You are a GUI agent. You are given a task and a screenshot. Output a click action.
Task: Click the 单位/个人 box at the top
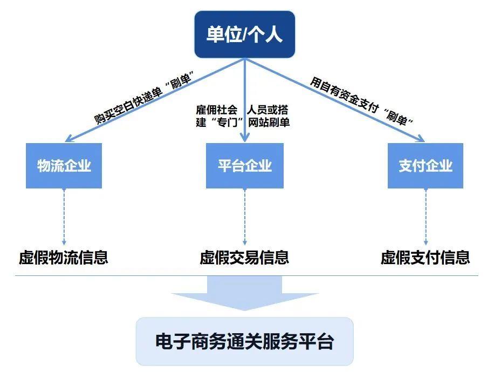[244, 35]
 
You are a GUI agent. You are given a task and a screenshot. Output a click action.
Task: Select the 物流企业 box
[64, 166]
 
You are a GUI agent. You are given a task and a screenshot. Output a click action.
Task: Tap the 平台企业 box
[244, 166]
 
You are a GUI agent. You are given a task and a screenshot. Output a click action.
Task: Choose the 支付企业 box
[425, 166]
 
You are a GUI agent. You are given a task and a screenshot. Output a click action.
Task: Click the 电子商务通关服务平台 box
[244, 342]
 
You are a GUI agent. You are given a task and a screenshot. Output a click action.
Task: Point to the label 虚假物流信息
[64, 258]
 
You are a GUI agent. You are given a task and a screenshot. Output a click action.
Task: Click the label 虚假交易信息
[244, 258]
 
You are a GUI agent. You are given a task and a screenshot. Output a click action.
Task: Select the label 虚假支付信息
[425, 258]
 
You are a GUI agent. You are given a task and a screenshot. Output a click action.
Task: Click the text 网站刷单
[269, 123]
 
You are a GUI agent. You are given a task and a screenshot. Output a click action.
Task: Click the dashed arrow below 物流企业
[64, 216]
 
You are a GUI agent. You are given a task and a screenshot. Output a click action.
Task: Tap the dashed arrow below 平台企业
[244, 216]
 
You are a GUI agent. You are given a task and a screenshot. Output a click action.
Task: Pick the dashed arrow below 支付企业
[425, 216]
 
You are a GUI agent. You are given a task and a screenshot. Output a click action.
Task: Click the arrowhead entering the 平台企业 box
[244, 138]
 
